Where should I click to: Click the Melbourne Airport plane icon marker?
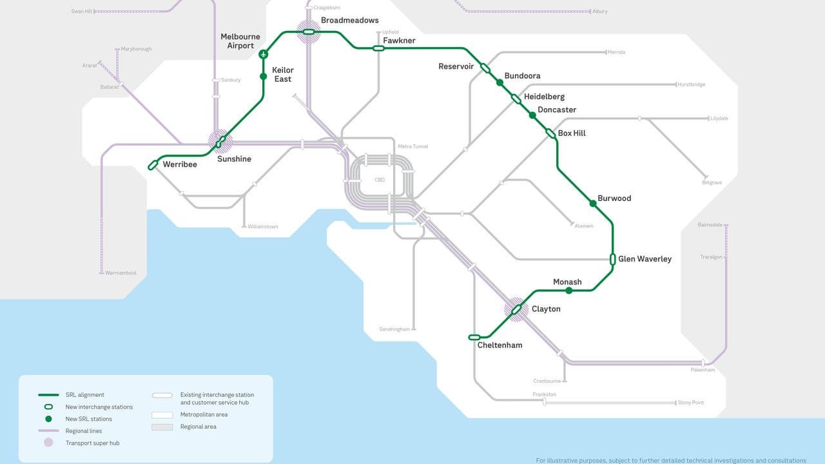pyautogui.click(x=263, y=55)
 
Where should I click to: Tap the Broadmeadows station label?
pyautogui.click(x=349, y=21)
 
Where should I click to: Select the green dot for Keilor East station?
pyautogui.click(x=263, y=77)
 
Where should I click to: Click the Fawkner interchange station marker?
pyautogui.click(x=378, y=48)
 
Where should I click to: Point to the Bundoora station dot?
pyautogui.click(x=500, y=82)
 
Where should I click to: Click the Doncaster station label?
pyautogui.click(x=557, y=110)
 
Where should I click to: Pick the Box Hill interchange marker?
pyautogui.click(x=550, y=133)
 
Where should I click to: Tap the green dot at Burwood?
pyautogui.click(x=593, y=204)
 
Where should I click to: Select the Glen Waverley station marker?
pyautogui.click(x=613, y=259)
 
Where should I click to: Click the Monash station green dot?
pyautogui.click(x=568, y=291)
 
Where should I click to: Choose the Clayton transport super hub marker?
pyautogui.click(x=516, y=310)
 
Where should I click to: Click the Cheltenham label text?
pyautogui.click(x=500, y=345)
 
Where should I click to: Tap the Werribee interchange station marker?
pyautogui.click(x=153, y=165)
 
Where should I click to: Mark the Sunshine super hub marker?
pyautogui.click(x=220, y=140)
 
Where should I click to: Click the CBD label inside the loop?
pyautogui.click(x=380, y=180)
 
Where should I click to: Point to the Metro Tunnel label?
pyautogui.click(x=412, y=147)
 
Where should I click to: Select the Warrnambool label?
pyautogui.click(x=121, y=273)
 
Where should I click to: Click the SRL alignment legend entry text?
pyautogui.click(x=84, y=395)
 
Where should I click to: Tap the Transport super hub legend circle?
pyautogui.click(x=48, y=443)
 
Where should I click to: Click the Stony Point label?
pyautogui.click(x=690, y=403)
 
